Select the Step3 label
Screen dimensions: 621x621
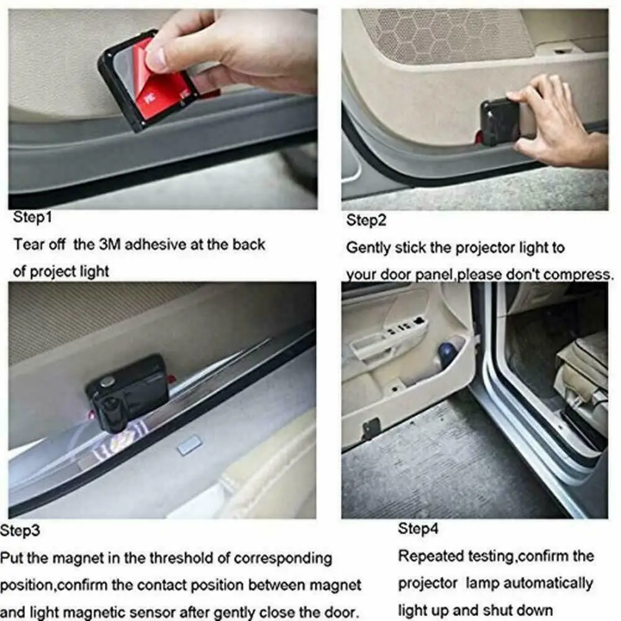[x=20, y=530]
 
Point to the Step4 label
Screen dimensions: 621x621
[x=418, y=529]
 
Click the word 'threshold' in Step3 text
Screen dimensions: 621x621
[x=177, y=558]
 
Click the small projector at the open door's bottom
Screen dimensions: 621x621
[x=371, y=427]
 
